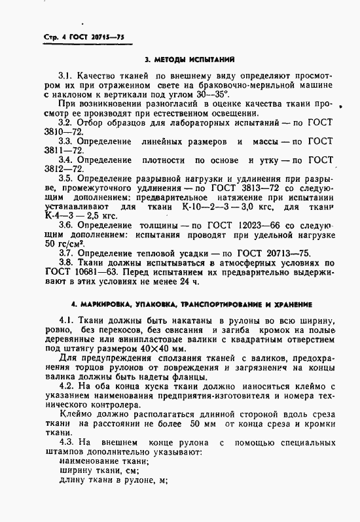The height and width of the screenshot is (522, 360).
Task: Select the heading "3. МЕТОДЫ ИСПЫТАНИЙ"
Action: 180,60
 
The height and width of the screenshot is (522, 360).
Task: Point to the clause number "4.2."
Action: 67,387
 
